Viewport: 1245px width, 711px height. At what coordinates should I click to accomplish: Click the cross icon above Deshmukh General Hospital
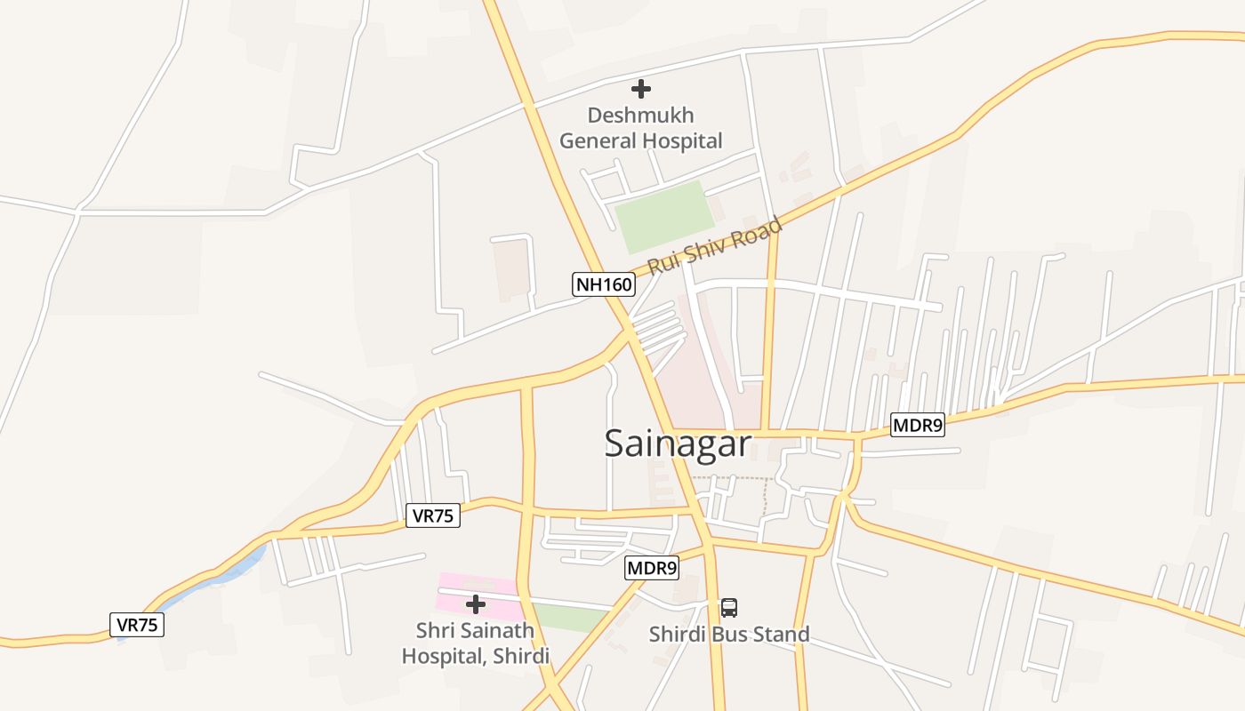click(640, 89)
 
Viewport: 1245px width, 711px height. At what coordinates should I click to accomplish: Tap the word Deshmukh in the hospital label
click(640, 116)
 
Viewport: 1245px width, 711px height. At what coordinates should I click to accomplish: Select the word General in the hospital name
click(598, 140)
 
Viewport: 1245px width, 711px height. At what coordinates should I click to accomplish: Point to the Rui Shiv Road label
click(715, 245)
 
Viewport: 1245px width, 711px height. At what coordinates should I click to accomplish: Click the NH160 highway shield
click(604, 284)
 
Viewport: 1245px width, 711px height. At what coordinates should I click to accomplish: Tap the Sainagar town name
click(678, 443)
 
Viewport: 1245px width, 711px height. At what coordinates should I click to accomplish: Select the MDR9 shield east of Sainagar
click(917, 425)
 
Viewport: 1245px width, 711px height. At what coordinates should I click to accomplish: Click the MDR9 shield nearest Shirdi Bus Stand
click(652, 568)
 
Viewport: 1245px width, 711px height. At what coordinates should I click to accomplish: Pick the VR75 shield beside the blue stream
click(138, 625)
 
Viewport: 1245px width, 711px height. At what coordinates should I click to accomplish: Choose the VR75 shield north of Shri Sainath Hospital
click(433, 515)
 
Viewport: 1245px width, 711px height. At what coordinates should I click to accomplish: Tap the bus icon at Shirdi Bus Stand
click(729, 608)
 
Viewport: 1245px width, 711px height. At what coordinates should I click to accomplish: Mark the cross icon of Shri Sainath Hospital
click(476, 604)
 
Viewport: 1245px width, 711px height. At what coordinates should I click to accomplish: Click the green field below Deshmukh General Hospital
click(664, 216)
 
